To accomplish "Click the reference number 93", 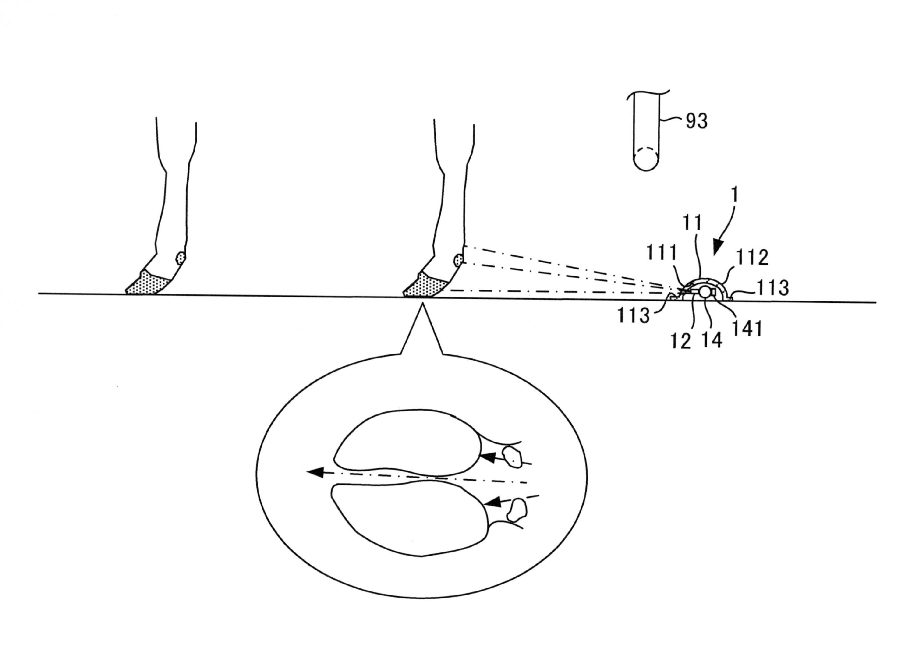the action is [x=696, y=121].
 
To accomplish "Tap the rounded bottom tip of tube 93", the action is [x=646, y=171].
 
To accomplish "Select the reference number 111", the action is [x=662, y=253].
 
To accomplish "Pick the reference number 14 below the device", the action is [x=712, y=340].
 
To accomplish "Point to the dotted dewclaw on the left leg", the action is [x=181, y=257].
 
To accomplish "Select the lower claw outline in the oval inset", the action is [x=409, y=520].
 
